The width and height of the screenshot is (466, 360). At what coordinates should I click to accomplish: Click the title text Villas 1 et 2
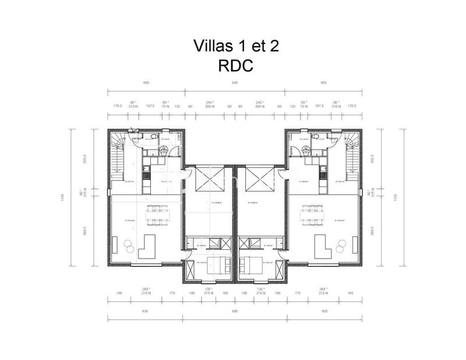point(235,47)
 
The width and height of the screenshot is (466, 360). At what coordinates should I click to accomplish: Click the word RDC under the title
point(235,65)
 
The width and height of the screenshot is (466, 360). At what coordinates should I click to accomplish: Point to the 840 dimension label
point(235,83)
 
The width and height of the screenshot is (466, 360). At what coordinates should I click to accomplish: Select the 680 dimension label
point(235,312)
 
